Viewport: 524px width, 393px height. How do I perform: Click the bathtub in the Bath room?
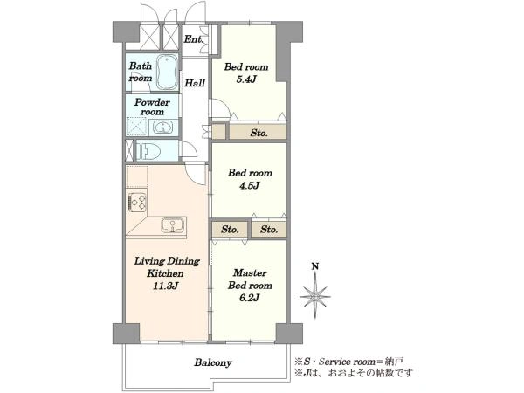pyautogui.click(x=167, y=72)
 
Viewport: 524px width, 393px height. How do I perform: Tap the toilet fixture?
pyautogui.click(x=147, y=150)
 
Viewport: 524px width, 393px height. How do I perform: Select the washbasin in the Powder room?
pyautogui.click(x=162, y=128)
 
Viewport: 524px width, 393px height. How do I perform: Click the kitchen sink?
pyautogui.click(x=173, y=225)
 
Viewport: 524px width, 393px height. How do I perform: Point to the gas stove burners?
pyautogui.click(x=137, y=203)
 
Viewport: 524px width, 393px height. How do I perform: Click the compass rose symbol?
pyautogui.click(x=315, y=296)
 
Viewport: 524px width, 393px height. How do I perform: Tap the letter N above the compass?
pyautogui.click(x=314, y=266)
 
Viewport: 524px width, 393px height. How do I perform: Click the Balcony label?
pyautogui.click(x=213, y=362)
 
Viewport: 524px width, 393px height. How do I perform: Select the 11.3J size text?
pyautogui.click(x=165, y=286)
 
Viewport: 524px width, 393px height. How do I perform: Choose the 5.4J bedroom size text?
pyautogui.click(x=246, y=79)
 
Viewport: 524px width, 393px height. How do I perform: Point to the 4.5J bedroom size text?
pyautogui.click(x=249, y=185)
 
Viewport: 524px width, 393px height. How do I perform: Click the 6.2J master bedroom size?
pyautogui.click(x=249, y=298)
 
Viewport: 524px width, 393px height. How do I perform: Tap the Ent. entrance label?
pyautogui.click(x=194, y=39)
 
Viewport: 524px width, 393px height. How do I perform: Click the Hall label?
pyautogui.click(x=195, y=83)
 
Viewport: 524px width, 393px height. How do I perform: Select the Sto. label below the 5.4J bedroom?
pyautogui.click(x=259, y=133)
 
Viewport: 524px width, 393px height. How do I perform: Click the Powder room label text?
pyautogui.click(x=152, y=107)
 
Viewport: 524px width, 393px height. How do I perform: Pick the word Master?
pyautogui.click(x=250, y=272)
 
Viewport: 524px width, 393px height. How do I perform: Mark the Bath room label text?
pyautogui.click(x=141, y=72)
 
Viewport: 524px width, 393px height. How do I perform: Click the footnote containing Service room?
pyautogui.click(x=348, y=362)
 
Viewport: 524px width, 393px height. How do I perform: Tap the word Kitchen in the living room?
pyautogui.click(x=165, y=273)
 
